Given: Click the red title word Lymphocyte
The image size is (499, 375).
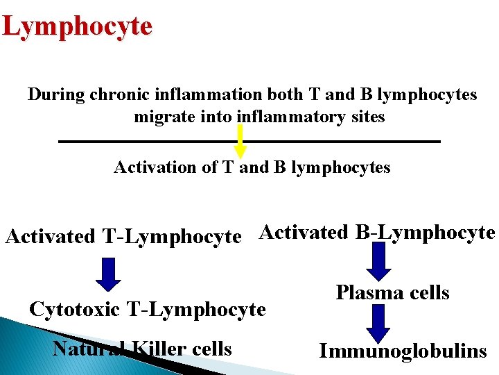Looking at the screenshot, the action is point(77,27).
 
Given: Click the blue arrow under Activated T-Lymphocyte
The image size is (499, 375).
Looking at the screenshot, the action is point(108,274).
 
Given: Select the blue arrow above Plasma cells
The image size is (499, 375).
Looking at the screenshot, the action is point(378,258).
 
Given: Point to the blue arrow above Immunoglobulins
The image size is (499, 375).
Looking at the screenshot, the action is point(378,323).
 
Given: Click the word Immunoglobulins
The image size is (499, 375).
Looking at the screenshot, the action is point(403,351).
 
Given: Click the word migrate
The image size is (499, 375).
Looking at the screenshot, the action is point(160,117).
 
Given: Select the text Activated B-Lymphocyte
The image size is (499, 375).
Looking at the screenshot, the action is point(377,233).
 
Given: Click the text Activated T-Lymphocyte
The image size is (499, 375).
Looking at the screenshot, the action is point(123,237).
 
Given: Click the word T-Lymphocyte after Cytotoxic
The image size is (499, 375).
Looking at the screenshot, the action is point(196,309).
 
